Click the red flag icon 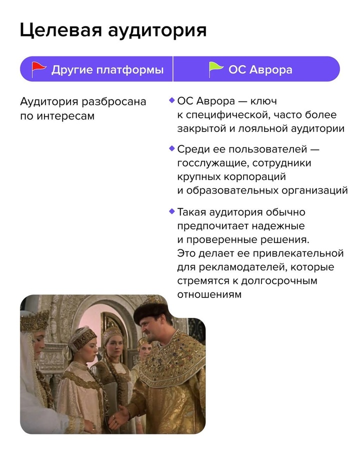tap(38, 69)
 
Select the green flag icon tap(215, 69)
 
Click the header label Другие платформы tap(107, 69)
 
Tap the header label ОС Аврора tap(260, 69)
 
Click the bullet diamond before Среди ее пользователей tap(172, 148)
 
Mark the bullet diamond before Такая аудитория tap(172, 211)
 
